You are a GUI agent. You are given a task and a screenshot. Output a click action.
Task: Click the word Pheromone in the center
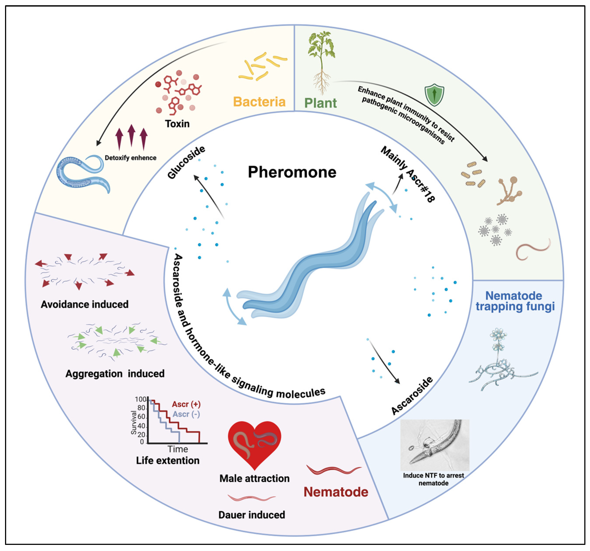[292, 172]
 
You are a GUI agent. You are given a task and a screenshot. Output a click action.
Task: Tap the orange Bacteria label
[259, 102]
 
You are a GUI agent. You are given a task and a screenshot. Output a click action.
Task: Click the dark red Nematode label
[336, 492]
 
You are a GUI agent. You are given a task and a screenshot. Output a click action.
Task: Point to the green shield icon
[435, 95]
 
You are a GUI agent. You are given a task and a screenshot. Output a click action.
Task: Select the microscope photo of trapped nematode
[435, 445]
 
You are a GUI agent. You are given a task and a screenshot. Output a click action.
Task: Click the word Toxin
[177, 124]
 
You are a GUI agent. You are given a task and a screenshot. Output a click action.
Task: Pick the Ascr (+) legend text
[186, 404]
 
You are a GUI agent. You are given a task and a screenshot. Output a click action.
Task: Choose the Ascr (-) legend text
[186, 414]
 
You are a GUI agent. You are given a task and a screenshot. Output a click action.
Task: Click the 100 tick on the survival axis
[140, 399]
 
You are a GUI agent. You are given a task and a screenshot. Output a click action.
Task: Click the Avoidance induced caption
[85, 304]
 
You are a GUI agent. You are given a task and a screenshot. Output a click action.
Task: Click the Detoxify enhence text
[131, 158]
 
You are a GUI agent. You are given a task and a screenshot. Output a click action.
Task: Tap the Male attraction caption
[254, 478]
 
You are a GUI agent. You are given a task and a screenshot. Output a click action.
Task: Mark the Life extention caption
[168, 461]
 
